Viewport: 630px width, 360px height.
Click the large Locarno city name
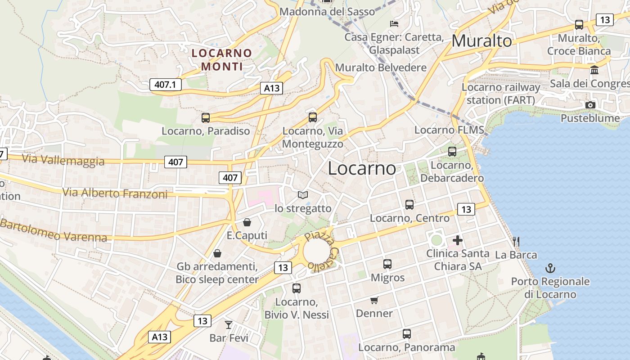pyautogui.click(x=362, y=168)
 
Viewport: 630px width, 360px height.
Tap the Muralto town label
pyautogui.click(x=481, y=41)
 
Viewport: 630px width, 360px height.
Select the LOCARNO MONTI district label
pyautogui.click(x=222, y=60)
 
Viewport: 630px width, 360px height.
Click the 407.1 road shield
pyautogui.click(x=165, y=84)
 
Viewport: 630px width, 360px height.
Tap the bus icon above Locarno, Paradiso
pyautogui.click(x=206, y=118)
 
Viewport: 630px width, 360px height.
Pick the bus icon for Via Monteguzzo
pyautogui.click(x=313, y=117)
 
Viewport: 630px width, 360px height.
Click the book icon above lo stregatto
pyautogui.click(x=303, y=195)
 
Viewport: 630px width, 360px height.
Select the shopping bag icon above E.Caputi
pyautogui.click(x=247, y=222)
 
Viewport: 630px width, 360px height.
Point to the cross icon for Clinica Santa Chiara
pyautogui.click(x=458, y=240)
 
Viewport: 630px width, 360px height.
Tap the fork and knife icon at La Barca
pyautogui.click(x=516, y=242)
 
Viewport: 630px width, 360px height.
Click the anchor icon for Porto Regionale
pyautogui.click(x=550, y=268)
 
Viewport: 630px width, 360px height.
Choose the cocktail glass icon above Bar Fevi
pyautogui.click(x=229, y=324)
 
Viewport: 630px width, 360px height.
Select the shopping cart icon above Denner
pyautogui.click(x=374, y=300)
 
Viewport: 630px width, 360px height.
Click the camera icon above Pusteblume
pyautogui.click(x=590, y=105)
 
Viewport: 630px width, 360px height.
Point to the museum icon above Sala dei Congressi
pyautogui.click(x=594, y=70)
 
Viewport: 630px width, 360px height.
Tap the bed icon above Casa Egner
pyautogui.click(x=394, y=23)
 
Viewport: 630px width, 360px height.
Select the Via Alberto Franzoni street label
pyautogui.click(x=115, y=193)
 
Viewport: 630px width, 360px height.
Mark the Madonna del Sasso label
pyautogui.click(x=327, y=12)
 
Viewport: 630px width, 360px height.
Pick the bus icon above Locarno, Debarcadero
pyautogui.click(x=452, y=152)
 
